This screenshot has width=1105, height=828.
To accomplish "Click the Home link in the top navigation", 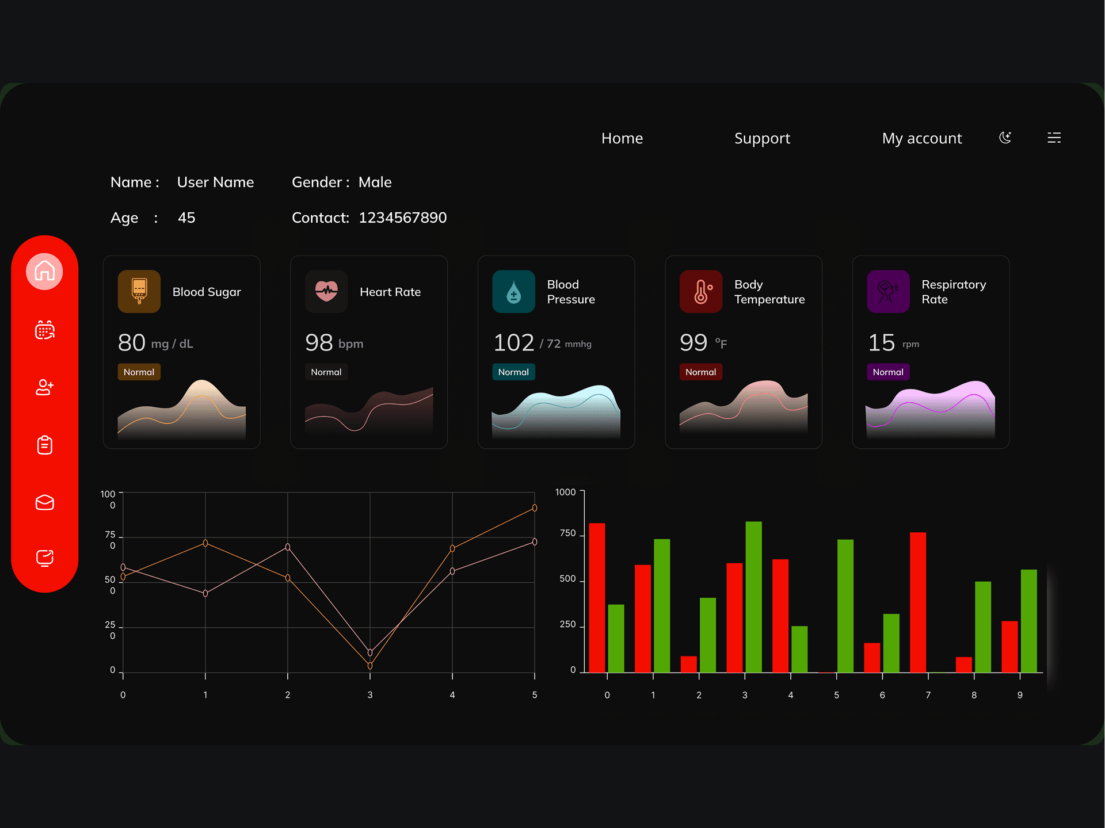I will [622, 138].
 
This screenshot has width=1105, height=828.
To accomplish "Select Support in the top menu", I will [762, 138].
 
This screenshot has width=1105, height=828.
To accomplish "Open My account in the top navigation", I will [921, 138].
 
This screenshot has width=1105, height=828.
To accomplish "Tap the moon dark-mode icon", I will [1005, 138].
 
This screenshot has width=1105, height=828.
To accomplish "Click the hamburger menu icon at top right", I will [1054, 138].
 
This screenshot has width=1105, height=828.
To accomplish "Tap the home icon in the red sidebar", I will [44, 271].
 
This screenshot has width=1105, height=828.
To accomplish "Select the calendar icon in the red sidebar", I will [44, 330].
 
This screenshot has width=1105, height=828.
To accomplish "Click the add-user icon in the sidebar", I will [44, 387].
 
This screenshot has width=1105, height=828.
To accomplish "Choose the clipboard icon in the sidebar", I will [44, 445].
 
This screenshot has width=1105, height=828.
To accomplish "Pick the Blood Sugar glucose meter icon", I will [139, 291].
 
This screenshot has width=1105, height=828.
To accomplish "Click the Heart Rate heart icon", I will [326, 291].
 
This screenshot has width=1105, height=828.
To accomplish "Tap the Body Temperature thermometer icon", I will [701, 291].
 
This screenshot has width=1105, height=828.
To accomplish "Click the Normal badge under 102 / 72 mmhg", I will [513, 372].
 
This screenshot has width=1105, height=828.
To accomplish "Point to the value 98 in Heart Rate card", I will [319, 343].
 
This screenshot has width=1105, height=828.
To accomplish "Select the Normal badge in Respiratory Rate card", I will [888, 372].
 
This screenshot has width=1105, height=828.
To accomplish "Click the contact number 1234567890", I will [402, 218].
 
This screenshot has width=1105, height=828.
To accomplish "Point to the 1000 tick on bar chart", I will [565, 492].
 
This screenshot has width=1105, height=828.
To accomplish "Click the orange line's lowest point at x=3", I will [370, 666].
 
